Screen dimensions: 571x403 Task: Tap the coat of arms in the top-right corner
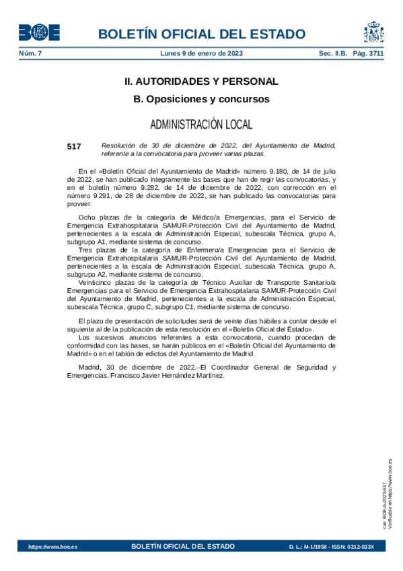tap(373, 32)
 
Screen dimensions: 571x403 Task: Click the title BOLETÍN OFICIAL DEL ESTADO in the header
tap(201, 34)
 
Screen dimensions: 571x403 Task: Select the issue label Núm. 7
tap(30, 53)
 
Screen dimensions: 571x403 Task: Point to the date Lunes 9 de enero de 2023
tap(202, 53)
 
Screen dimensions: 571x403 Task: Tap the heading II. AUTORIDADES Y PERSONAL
tap(201, 81)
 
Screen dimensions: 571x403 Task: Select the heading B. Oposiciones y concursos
tap(201, 99)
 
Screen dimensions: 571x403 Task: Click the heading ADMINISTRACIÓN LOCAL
tap(201, 125)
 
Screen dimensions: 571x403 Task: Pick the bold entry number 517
tap(74, 145)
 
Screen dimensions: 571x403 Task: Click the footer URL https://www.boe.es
tap(52, 547)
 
